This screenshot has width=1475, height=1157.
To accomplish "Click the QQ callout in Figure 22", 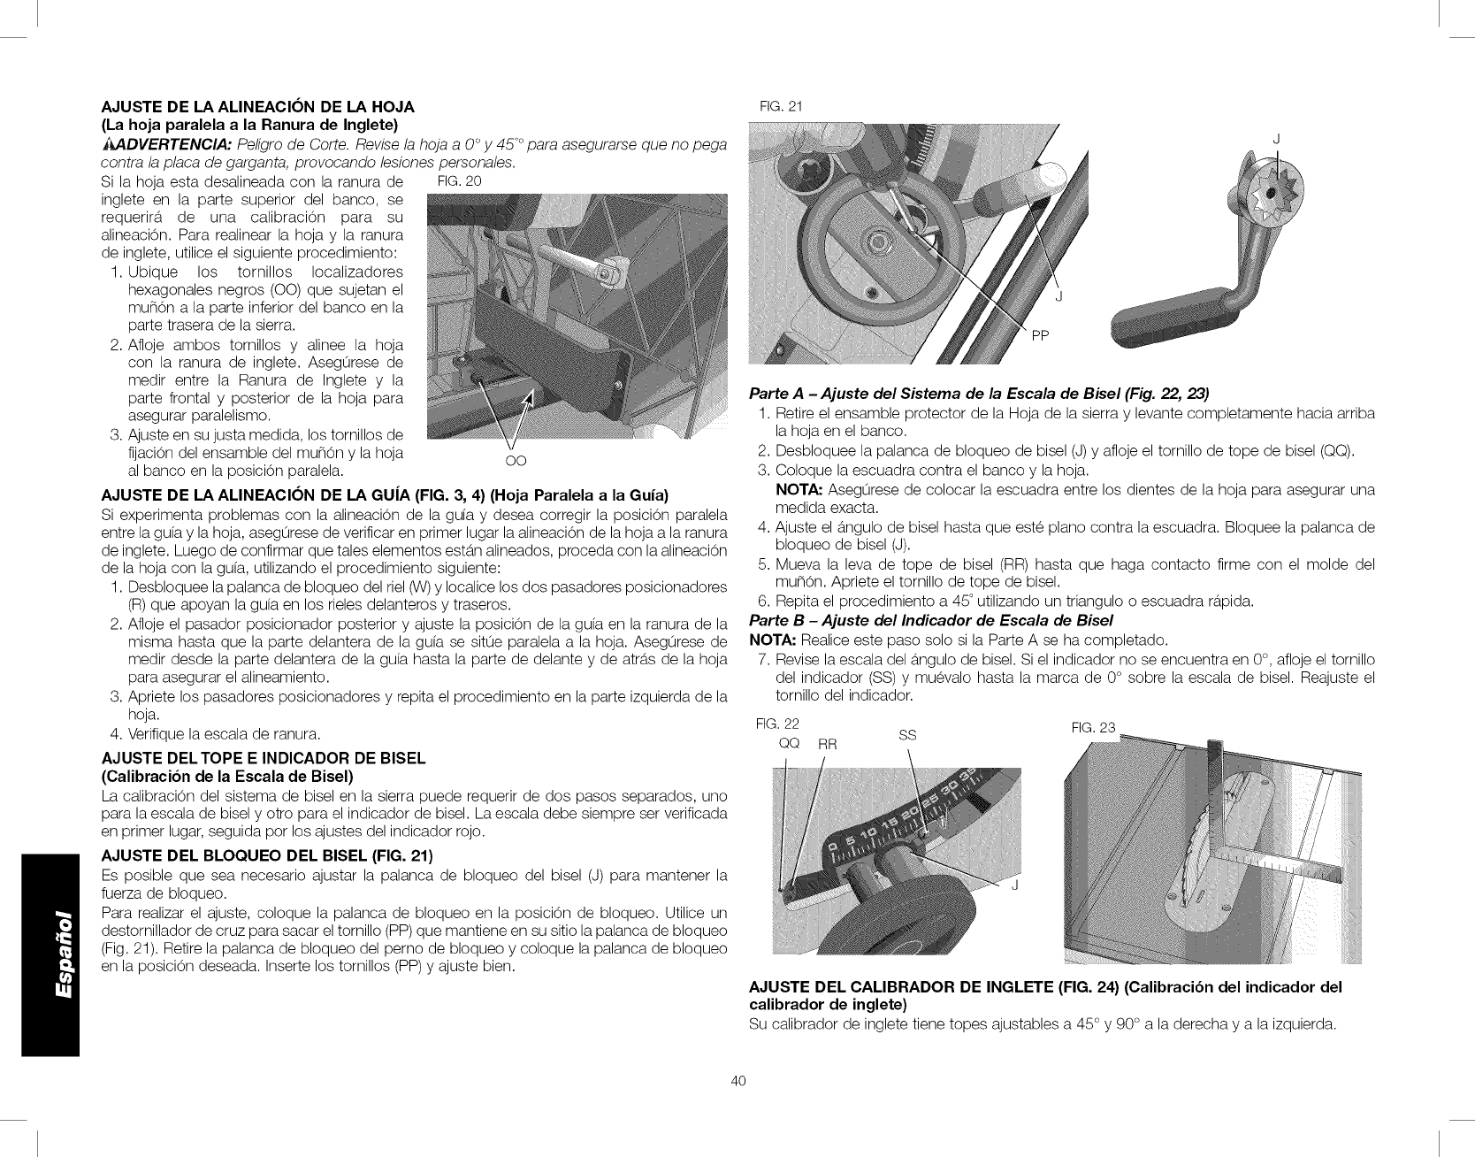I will click(788, 743).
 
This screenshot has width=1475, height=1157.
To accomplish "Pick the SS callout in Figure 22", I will click(907, 734).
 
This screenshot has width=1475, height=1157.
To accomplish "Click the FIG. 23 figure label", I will click(1093, 727).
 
